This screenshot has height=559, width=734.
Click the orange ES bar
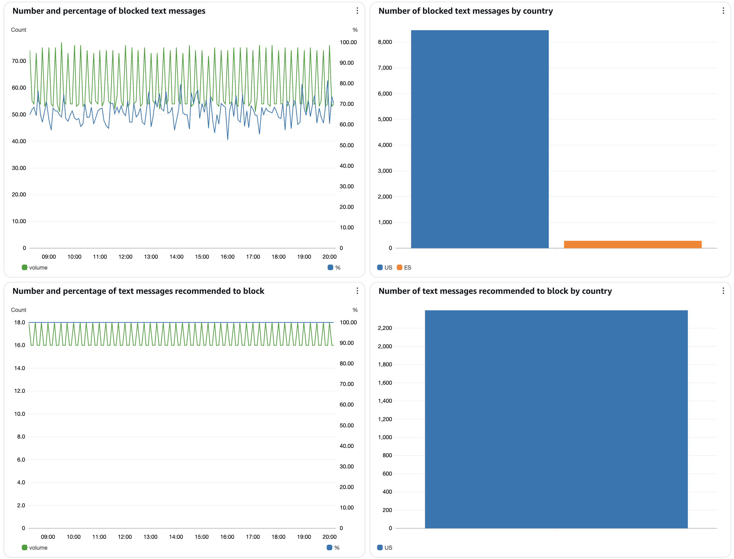[632, 244]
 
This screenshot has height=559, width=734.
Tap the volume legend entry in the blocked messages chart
[35, 268]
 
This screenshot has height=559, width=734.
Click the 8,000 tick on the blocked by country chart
[385, 42]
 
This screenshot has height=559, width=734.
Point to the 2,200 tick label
[385, 328]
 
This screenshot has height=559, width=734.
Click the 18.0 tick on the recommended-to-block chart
[19, 322]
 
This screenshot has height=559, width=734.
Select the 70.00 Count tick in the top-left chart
[19, 61]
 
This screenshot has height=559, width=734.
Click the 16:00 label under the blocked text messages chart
[227, 256]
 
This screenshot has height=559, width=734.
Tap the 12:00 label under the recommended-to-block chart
[125, 537]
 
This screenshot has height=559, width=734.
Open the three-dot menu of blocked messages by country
[723, 11]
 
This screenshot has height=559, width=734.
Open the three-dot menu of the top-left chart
[357, 11]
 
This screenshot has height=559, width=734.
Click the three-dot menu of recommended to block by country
[723, 291]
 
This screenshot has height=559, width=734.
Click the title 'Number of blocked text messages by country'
[465, 11]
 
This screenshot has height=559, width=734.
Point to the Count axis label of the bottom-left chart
[18, 310]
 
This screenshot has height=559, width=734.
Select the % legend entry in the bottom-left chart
[333, 548]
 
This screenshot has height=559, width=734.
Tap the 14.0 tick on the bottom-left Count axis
[19, 368]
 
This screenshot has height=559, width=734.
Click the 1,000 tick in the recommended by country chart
[385, 437]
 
